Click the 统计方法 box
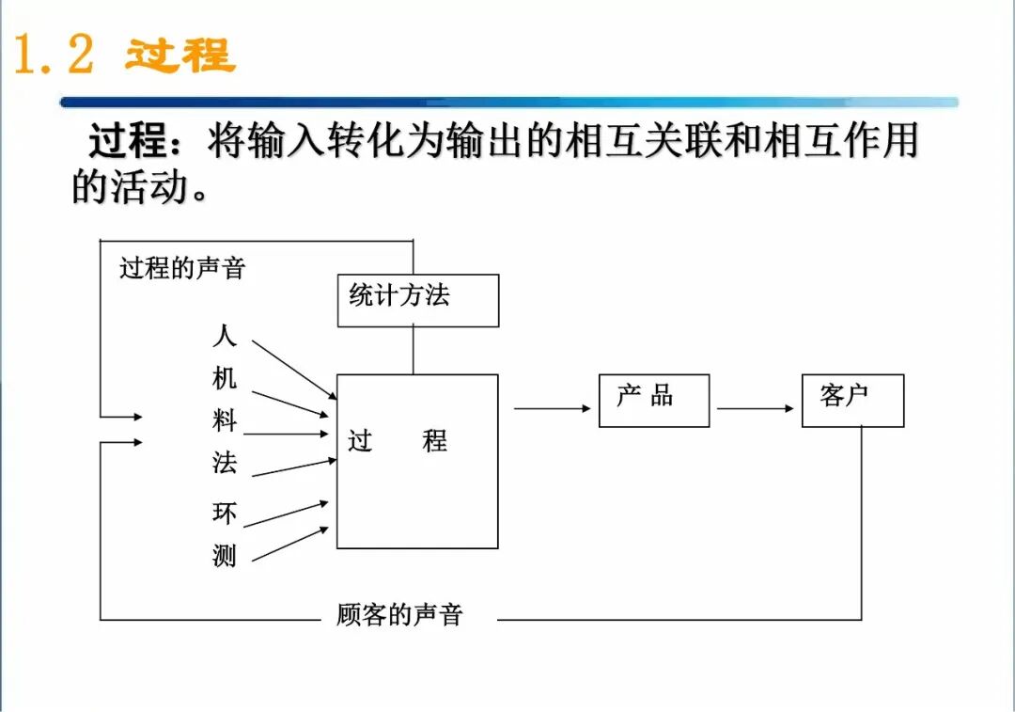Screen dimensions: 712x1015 [x=417, y=300]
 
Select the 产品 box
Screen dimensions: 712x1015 [x=653, y=400]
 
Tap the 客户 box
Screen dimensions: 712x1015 [x=852, y=400]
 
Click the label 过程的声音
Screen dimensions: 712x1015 [x=182, y=268]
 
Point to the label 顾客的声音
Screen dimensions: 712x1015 [x=400, y=615]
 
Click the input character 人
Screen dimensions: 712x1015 [x=225, y=336]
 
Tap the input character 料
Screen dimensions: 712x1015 [x=225, y=420]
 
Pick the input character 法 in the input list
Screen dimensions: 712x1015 [x=225, y=463]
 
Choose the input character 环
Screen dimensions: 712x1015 [x=225, y=514]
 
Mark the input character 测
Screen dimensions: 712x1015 [x=225, y=556]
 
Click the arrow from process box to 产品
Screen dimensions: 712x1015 [x=552, y=408]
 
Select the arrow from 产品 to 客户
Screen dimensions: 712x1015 [x=755, y=408]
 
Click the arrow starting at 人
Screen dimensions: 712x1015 [x=294, y=368]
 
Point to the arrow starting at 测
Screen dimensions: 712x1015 [x=290, y=545]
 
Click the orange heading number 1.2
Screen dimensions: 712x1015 [x=55, y=55]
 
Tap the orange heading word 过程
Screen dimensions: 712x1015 [x=180, y=55]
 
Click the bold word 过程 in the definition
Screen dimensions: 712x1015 [x=128, y=143]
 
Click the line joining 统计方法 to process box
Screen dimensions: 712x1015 [x=414, y=350]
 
